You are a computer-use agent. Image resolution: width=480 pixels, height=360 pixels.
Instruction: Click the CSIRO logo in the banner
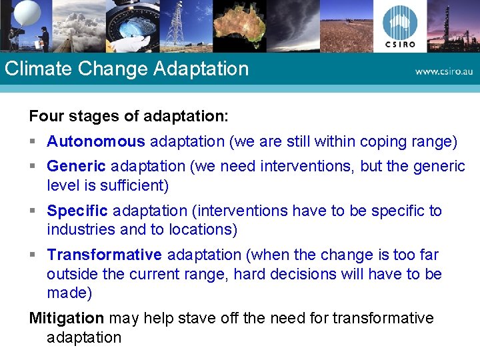[400, 26]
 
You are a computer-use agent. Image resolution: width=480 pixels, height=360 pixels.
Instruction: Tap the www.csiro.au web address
[443, 71]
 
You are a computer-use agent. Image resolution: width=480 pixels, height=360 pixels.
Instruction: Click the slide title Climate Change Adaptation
[126, 69]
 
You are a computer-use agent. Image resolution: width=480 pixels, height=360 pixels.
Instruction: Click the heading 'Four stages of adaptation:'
[129, 116]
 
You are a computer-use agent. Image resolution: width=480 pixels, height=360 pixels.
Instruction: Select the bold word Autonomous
[96, 141]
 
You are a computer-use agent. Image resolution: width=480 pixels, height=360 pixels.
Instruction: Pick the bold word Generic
[76, 166]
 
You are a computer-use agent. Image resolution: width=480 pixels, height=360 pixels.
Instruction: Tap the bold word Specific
[77, 211]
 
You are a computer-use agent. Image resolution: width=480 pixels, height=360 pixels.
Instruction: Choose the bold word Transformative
[104, 255]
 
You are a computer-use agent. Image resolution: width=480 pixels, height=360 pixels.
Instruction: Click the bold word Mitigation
[67, 318]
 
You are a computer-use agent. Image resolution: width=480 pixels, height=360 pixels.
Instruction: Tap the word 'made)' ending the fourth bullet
[69, 293]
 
